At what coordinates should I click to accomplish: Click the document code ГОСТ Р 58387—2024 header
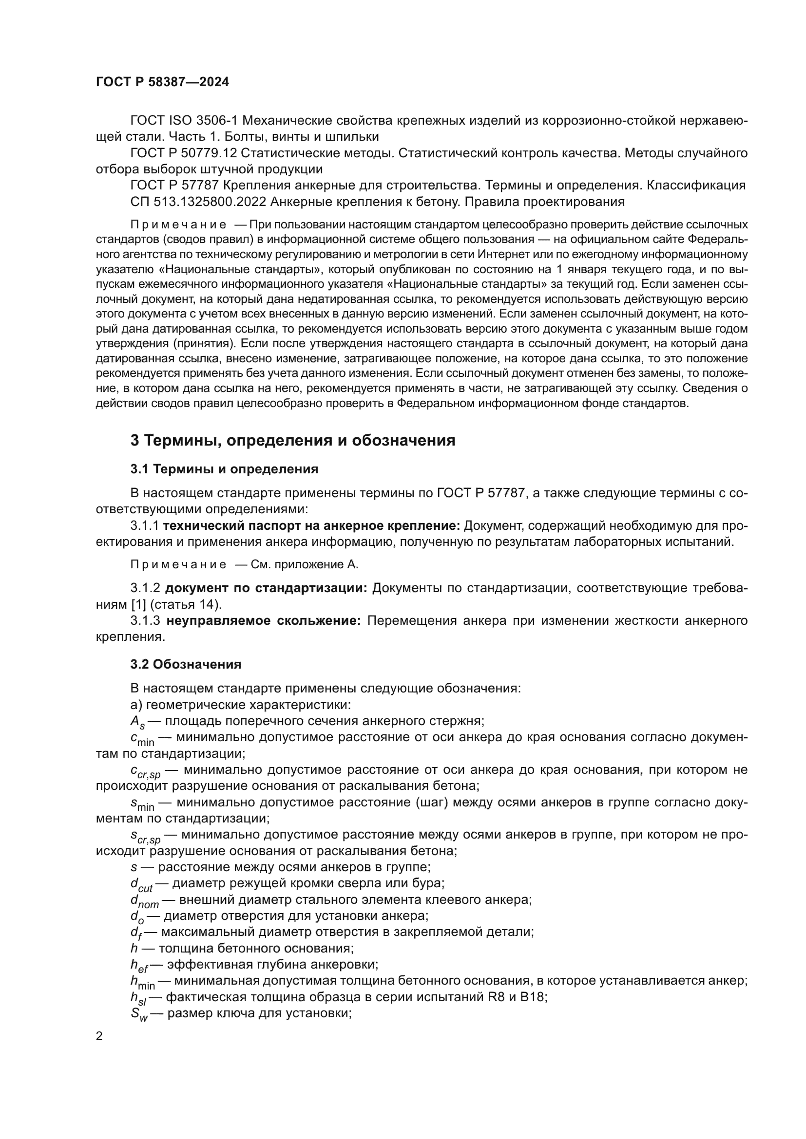click(x=162, y=82)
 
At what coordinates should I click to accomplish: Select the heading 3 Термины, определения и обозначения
click(x=292, y=440)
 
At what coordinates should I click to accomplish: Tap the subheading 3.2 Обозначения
click(x=186, y=664)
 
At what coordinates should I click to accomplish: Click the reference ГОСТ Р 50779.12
click(x=183, y=153)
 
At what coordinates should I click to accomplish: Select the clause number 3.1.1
click(x=144, y=526)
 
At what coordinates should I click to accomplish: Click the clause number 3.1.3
click(x=145, y=620)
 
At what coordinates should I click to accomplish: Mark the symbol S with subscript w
click(x=139, y=1014)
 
